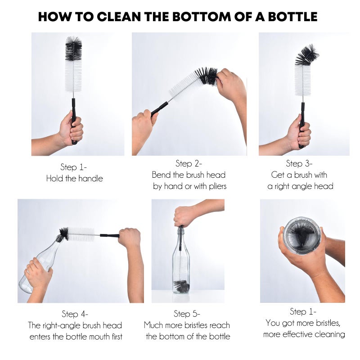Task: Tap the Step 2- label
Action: tap(189, 164)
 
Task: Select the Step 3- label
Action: tap(299, 164)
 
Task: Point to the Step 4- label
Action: tap(75, 314)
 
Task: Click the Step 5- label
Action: tap(187, 314)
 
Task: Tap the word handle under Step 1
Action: tap(89, 179)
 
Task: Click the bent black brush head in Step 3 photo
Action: tap(307, 55)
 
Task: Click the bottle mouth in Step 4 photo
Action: tap(60, 237)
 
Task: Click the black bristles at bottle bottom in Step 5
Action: tap(181, 286)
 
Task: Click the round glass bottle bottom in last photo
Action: tap(302, 235)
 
